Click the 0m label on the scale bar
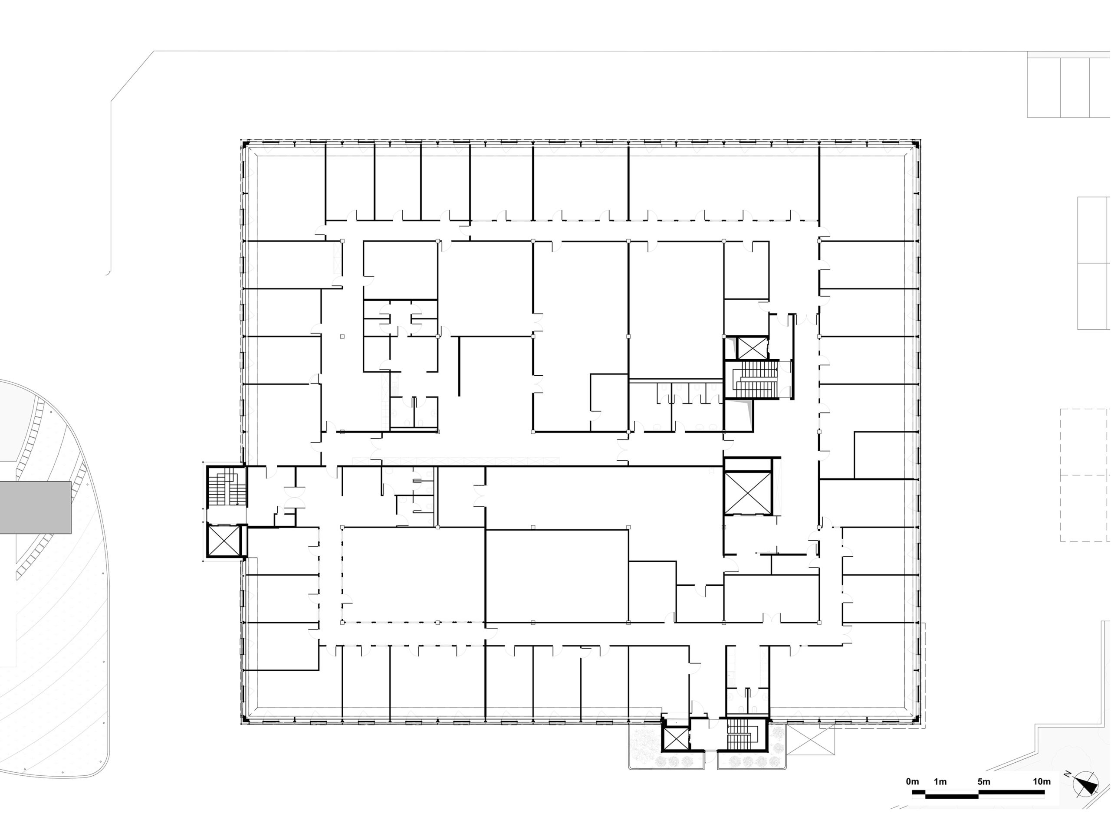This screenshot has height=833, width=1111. (x=913, y=782)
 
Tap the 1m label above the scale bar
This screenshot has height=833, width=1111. (x=940, y=782)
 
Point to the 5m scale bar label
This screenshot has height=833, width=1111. (x=984, y=782)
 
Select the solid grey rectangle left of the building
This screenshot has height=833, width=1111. (x=35, y=507)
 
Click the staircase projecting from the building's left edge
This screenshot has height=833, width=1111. (x=227, y=487)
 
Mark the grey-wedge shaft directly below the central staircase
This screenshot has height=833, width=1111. (x=738, y=415)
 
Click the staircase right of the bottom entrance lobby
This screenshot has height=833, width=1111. (x=742, y=735)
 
